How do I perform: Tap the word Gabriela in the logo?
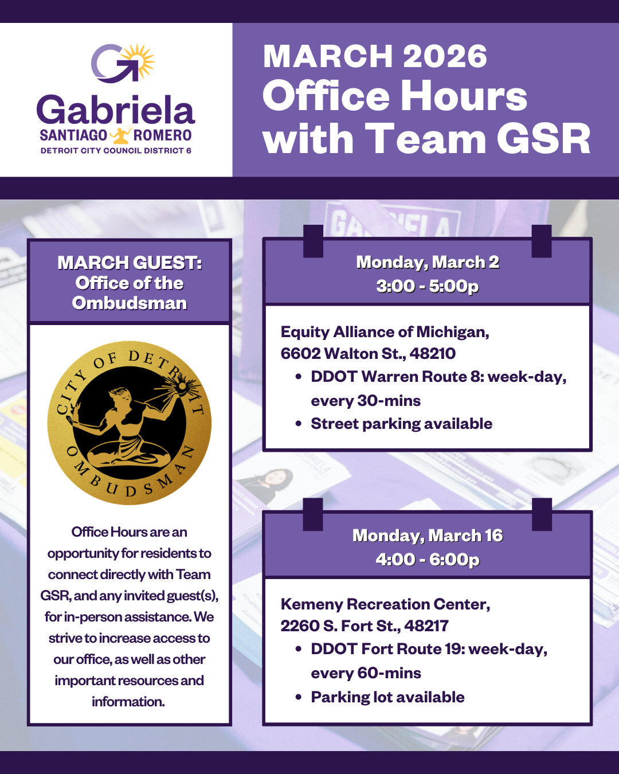click(x=116, y=110)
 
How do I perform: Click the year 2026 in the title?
click(x=445, y=56)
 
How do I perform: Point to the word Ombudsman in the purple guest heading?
click(x=130, y=303)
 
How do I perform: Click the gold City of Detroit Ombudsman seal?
click(x=130, y=423)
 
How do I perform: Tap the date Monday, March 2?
click(x=428, y=262)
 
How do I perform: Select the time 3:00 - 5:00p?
click(x=428, y=286)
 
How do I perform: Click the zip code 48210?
click(x=433, y=353)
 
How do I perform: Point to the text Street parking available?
click(x=401, y=424)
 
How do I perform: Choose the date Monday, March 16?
click(x=428, y=535)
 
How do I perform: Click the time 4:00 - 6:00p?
click(x=428, y=559)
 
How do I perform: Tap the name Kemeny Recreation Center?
click(x=385, y=604)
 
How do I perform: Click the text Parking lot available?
click(x=387, y=697)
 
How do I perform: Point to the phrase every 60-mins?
click(x=366, y=673)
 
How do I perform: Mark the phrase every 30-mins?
click(x=366, y=401)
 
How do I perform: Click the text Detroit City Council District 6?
click(x=116, y=151)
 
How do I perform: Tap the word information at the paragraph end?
click(x=128, y=702)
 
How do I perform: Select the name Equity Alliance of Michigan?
click(x=385, y=332)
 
